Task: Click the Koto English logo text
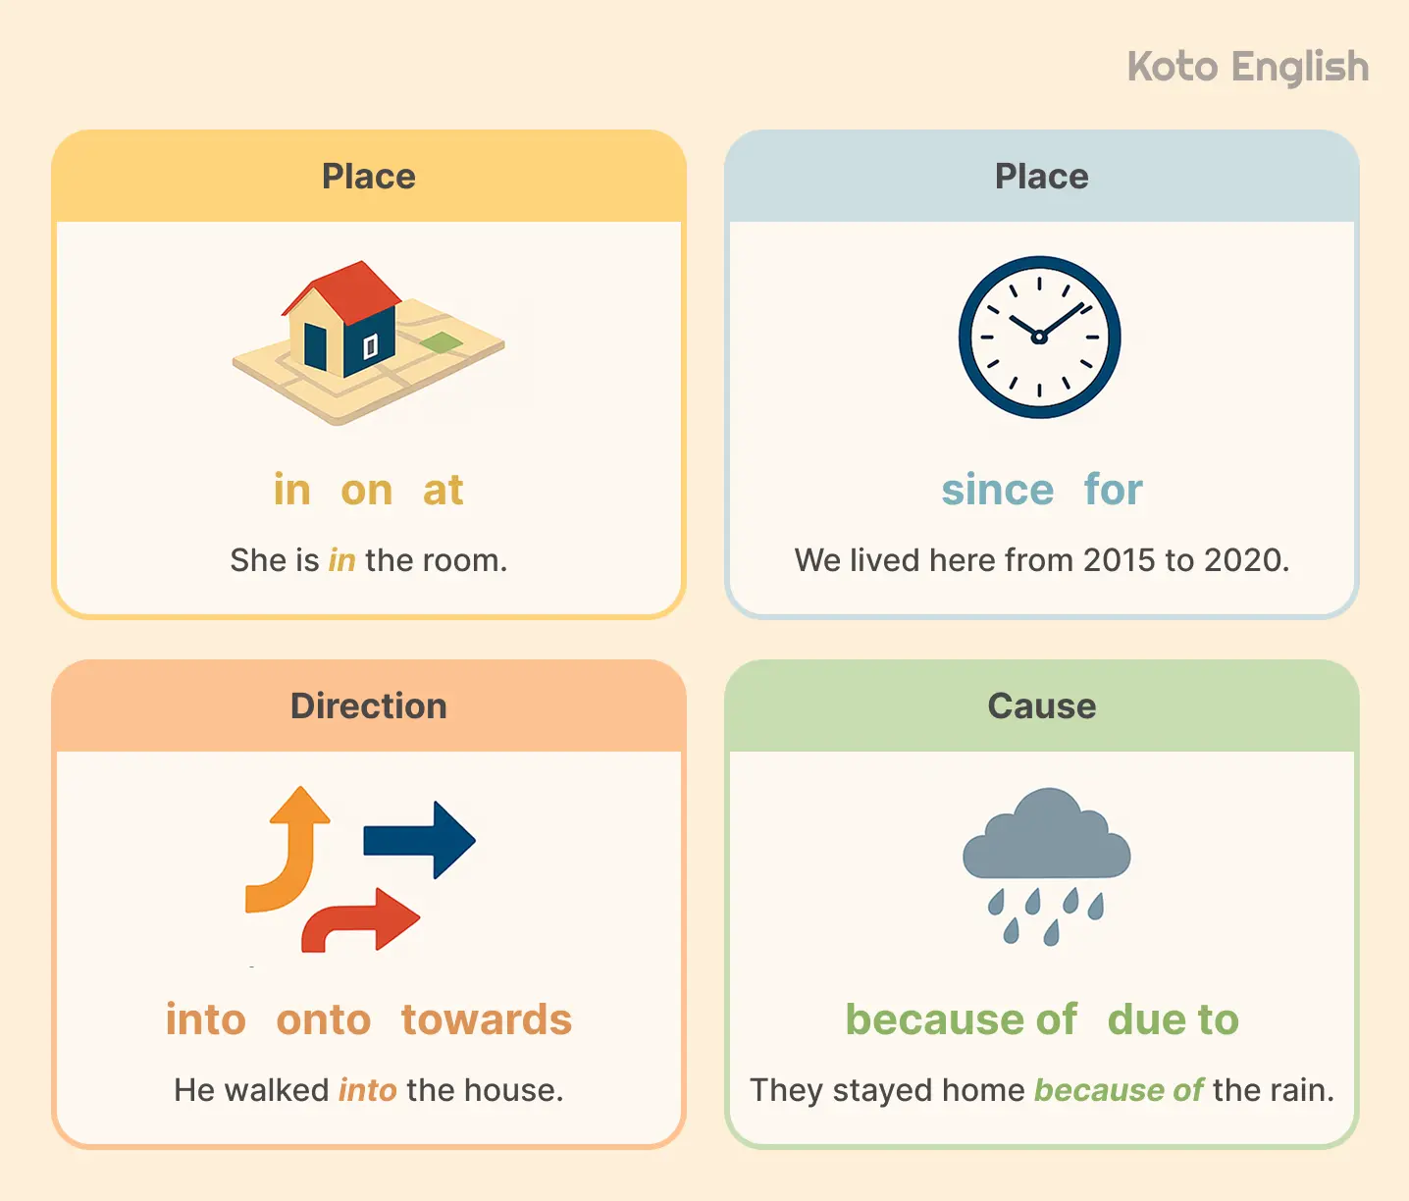[1247, 68]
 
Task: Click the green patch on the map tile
[442, 342]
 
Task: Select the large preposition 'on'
[367, 491]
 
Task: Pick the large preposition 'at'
[443, 491]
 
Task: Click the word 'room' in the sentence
[460, 560]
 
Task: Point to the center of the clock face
[1039, 338]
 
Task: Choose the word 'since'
[997, 491]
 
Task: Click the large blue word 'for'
[1114, 491]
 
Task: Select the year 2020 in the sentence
[1243, 560]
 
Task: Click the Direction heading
[369, 706]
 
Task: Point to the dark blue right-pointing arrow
[420, 840]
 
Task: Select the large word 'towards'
[487, 1020]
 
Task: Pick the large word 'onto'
[324, 1020]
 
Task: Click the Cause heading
[1042, 706]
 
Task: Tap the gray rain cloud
[1047, 839]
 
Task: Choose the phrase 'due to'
[1174, 1020]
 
